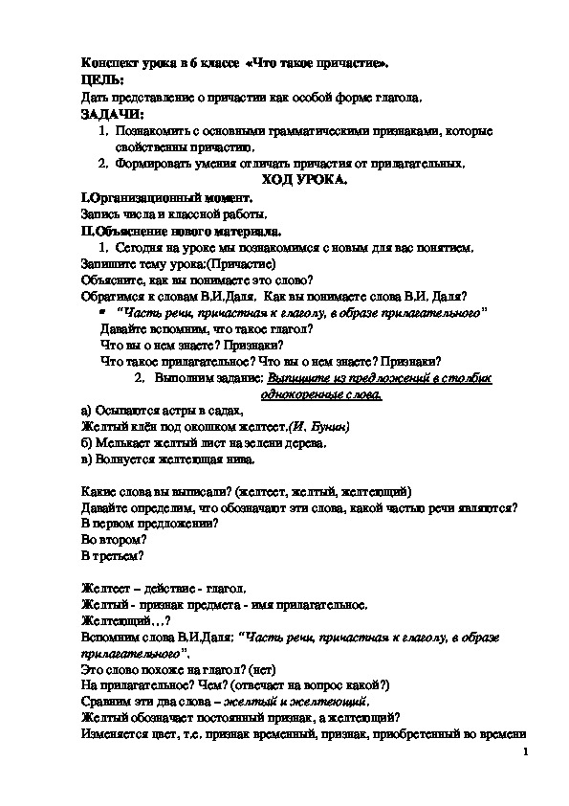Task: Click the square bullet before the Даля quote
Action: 102,313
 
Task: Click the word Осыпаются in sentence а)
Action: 123,410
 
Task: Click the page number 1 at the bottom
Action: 526,754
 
